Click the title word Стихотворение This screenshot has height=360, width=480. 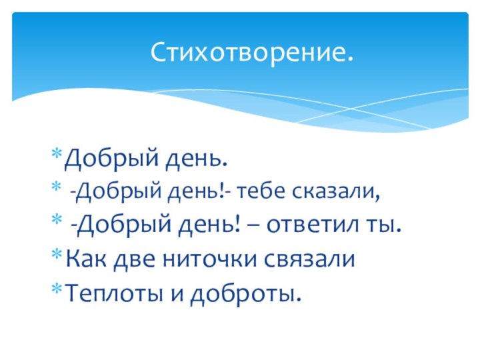(251, 52)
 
